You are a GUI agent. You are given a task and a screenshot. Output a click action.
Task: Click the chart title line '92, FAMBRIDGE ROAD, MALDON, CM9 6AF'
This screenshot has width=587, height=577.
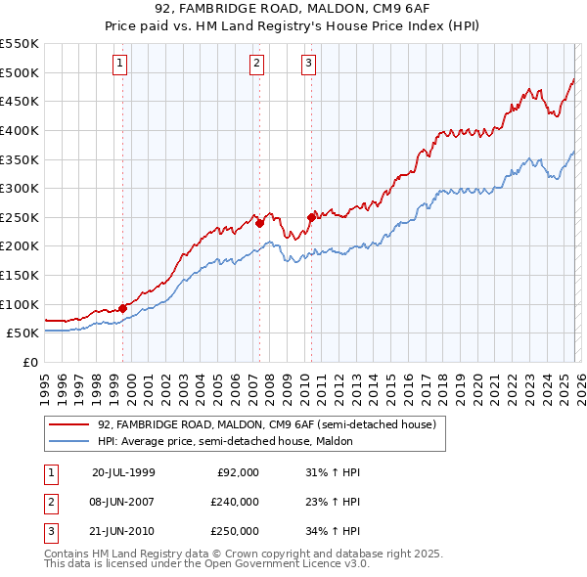point(293,11)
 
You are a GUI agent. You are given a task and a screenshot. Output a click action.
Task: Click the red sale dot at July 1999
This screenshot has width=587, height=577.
point(122,308)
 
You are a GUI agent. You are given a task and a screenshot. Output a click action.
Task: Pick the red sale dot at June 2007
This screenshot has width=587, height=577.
point(259,223)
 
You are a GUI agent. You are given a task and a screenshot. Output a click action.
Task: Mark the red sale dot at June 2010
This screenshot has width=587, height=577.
point(311,217)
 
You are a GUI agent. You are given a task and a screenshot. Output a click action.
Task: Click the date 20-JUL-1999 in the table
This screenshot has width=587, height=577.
point(123,471)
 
